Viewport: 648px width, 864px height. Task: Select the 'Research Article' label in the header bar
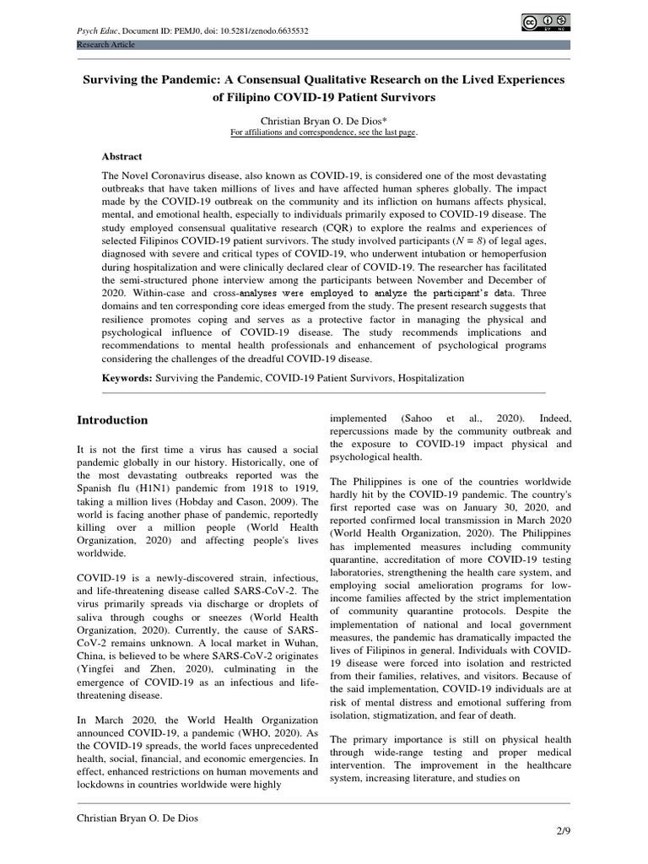pyautogui.click(x=105, y=45)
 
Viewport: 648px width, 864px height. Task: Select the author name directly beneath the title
pyautogui.click(x=323, y=121)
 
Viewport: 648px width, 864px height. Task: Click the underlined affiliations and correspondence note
pyautogui.click(x=323, y=132)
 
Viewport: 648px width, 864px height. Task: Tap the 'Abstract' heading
pyautogui.click(x=122, y=156)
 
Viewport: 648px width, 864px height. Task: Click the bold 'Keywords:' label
pyautogui.click(x=127, y=379)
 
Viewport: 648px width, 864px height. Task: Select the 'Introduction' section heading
pyautogui.click(x=112, y=420)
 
